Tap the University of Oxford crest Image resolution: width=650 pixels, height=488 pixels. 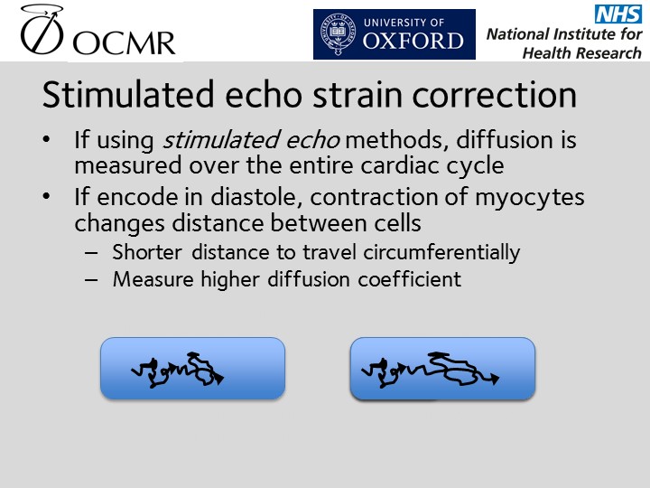(339, 34)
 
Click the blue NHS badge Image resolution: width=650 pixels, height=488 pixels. (617, 14)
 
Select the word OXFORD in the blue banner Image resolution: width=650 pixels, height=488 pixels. (413, 41)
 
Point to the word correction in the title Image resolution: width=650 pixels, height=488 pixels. (494, 95)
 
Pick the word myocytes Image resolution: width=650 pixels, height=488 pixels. (530, 198)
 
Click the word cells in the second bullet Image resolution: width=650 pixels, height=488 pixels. (397, 222)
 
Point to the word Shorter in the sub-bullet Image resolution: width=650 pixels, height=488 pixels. (147, 252)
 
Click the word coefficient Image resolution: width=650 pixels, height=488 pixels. (410, 279)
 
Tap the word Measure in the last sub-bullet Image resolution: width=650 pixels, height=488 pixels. (153, 279)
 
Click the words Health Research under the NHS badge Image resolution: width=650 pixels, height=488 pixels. (581, 53)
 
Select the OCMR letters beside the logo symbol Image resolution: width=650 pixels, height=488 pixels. (124, 42)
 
